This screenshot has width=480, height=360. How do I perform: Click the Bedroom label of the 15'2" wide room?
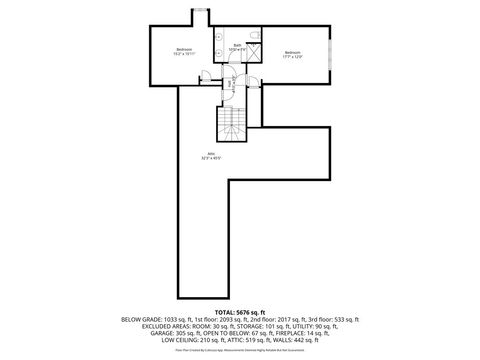click(183, 50)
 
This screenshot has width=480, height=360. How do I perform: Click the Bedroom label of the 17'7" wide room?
click(291, 51)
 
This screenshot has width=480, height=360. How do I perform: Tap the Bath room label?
click(238, 45)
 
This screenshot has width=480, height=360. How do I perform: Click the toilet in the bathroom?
click(256, 37)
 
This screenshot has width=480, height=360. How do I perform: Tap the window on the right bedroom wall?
click(329, 54)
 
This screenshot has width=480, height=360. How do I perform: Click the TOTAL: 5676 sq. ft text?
click(240, 312)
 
